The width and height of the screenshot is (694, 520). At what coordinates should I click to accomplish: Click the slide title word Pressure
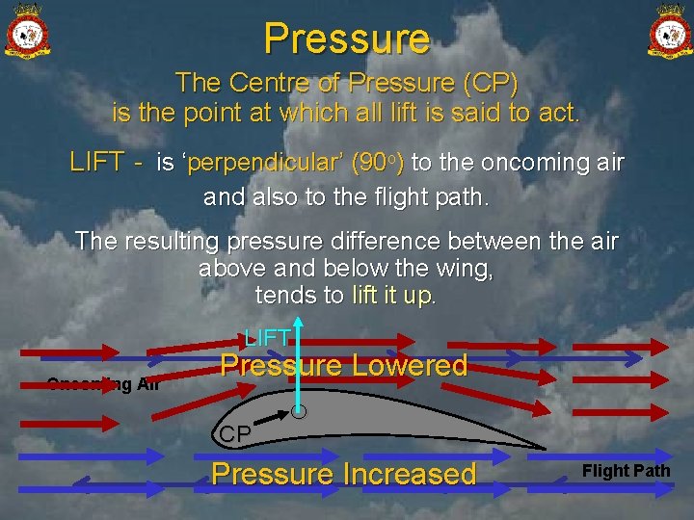pos(347,39)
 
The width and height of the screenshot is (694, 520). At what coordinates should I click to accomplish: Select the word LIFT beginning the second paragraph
pos(96,163)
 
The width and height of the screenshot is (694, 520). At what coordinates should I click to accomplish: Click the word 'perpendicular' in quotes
pos(252,163)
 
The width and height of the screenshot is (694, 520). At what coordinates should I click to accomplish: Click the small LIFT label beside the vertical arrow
pos(267,337)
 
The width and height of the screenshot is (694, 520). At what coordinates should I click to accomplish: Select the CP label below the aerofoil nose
pos(234,434)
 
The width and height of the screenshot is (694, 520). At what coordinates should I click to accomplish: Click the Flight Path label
pos(626,471)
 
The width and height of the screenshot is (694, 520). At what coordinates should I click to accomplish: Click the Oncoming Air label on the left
pos(103,384)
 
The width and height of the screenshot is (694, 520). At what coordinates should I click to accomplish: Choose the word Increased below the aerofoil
pos(409,474)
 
